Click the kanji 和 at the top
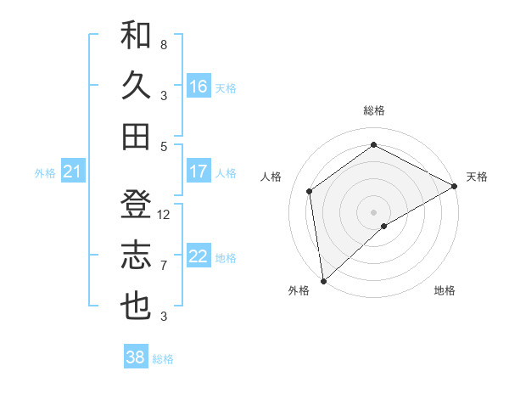[136, 36]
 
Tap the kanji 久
[136, 86]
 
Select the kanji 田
[136, 136]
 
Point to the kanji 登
[136, 205]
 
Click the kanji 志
[136, 256]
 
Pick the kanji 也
[136, 306]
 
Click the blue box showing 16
[199, 87]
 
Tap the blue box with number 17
[199, 171]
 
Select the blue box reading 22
[199, 256]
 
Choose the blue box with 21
[72, 172]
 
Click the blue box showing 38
[136, 357]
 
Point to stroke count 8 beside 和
[164, 44]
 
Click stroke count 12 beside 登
[164, 214]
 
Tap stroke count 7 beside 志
[164, 266]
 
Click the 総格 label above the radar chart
[373, 110]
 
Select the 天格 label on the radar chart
[477, 177]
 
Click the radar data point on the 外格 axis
[323, 280]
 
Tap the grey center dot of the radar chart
[373, 211]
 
